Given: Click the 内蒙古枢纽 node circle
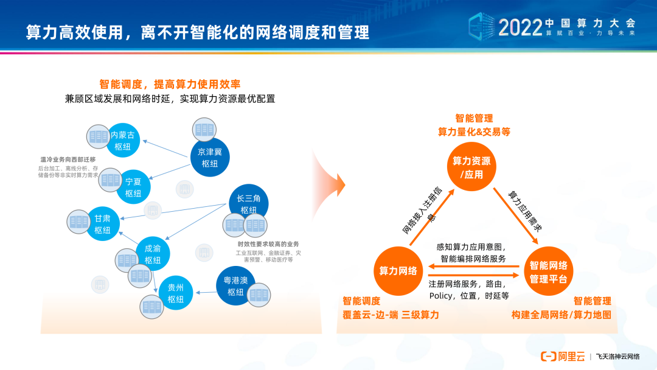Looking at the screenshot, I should tap(123, 141).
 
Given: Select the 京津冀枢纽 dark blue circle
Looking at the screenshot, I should tap(210, 158).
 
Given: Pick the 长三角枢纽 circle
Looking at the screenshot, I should tap(249, 203).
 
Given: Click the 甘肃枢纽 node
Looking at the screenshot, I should tap(102, 224).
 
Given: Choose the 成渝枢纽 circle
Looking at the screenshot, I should tap(153, 254).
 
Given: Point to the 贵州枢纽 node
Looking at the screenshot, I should tap(176, 293).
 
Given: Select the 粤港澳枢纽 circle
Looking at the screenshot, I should tap(235, 285).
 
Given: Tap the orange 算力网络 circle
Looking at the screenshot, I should tap(398, 271).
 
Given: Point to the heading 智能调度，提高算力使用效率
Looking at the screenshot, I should tap(170, 84).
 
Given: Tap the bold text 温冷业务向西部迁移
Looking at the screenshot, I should tap(68, 159).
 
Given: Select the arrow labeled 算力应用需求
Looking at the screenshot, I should tap(518, 212).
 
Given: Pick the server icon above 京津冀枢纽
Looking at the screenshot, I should tap(204, 130).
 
